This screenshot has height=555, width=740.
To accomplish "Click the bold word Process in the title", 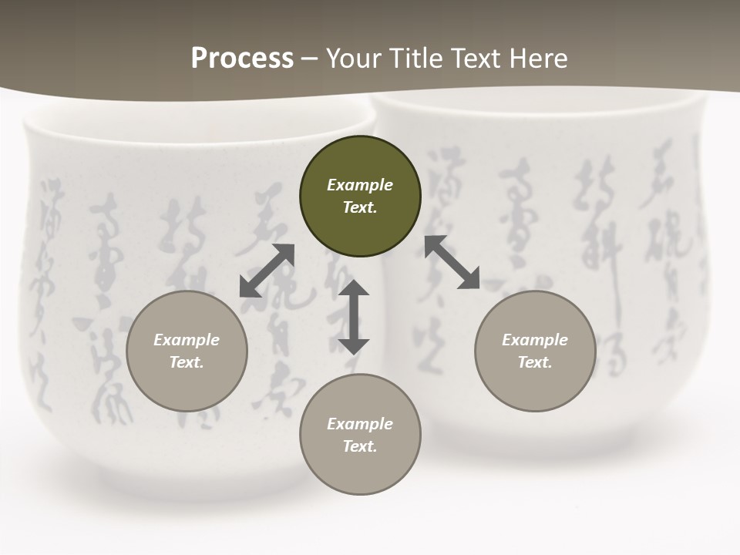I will (x=242, y=59).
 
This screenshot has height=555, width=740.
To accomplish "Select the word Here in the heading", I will (x=536, y=59).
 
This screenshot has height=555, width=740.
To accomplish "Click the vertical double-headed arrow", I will (x=354, y=317).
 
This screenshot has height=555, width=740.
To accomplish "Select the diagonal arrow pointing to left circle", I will (x=267, y=271).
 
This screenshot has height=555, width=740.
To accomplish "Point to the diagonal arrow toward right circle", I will (x=452, y=262).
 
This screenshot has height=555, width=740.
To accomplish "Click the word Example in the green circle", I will (x=360, y=185).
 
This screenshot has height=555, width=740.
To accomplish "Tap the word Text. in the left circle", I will (x=187, y=362).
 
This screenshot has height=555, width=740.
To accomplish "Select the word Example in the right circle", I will (x=535, y=340).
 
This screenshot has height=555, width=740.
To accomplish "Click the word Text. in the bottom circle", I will (x=360, y=446).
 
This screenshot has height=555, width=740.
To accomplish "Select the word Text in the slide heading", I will (x=475, y=59).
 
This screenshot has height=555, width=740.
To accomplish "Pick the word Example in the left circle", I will (x=187, y=340).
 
